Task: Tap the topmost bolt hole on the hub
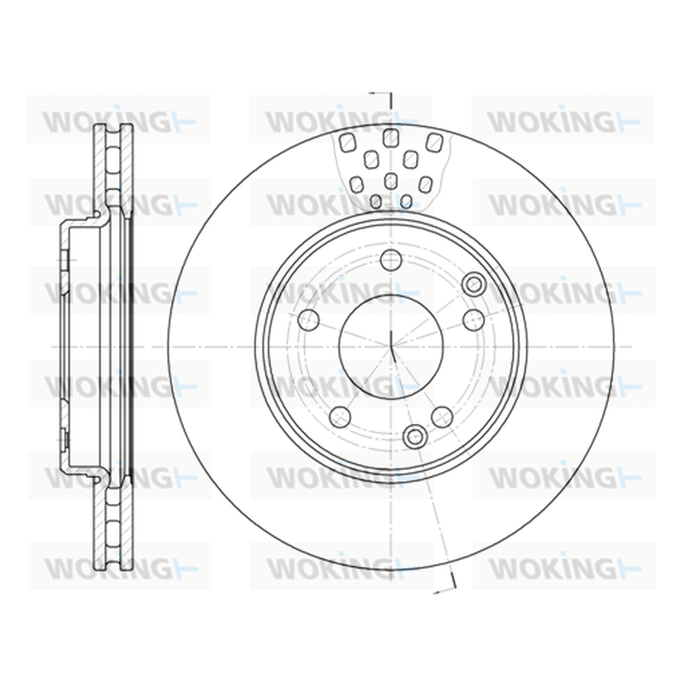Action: (391, 259)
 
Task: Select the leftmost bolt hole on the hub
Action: (308, 319)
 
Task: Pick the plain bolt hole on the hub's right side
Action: (474, 319)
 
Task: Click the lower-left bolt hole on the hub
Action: (340, 417)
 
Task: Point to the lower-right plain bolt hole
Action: (442, 417)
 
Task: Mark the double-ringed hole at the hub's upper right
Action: (474, 284)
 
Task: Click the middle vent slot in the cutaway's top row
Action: (390, 139)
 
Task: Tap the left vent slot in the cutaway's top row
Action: (348, 142)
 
